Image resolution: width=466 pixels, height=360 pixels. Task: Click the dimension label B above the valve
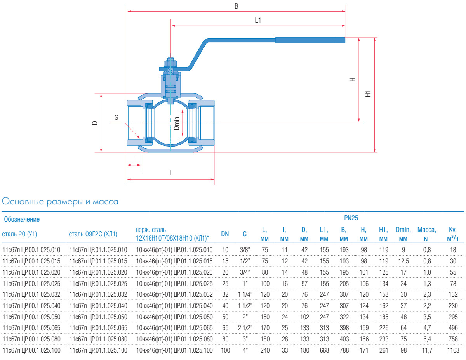click(x=236, y=6)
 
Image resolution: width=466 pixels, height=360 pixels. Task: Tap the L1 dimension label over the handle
click(x=258, y=20)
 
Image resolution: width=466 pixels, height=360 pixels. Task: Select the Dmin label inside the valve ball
click(x=177, y=123)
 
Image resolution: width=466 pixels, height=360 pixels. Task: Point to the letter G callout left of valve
click(x=116, y=118)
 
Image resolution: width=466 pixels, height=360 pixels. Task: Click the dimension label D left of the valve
click(x=94, y=123)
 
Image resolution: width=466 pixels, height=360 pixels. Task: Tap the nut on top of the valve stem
click(x=171, y=62)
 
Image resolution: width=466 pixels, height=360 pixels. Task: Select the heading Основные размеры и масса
click(x=60, y=202)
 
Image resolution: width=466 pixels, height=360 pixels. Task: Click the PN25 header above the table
click(x=351, y=218)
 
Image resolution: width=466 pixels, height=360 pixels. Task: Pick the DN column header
click(x=225, y=234)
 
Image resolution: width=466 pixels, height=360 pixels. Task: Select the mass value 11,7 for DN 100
click(x=427, y=350)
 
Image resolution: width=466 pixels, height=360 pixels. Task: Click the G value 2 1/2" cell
click(x=245, y=328)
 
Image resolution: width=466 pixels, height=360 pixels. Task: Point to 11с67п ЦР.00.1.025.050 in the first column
click(x=31, y=317)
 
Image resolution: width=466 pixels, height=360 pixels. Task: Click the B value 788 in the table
click(x=344, y=350)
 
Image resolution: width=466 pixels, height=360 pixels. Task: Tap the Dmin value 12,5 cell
click(x=403, y=261)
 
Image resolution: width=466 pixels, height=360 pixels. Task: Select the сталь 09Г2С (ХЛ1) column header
click(x=93, y=234)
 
